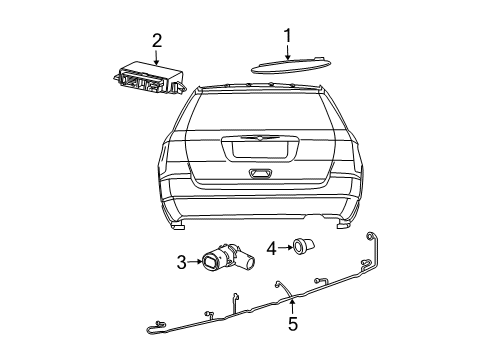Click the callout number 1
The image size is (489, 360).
click(288, 36)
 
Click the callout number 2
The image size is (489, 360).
click(156, 40)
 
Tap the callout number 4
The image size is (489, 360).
click(272, 246)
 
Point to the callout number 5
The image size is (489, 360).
click(292, 323)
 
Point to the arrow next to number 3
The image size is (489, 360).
click(196, 262)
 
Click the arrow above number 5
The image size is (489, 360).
click(292, 304)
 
